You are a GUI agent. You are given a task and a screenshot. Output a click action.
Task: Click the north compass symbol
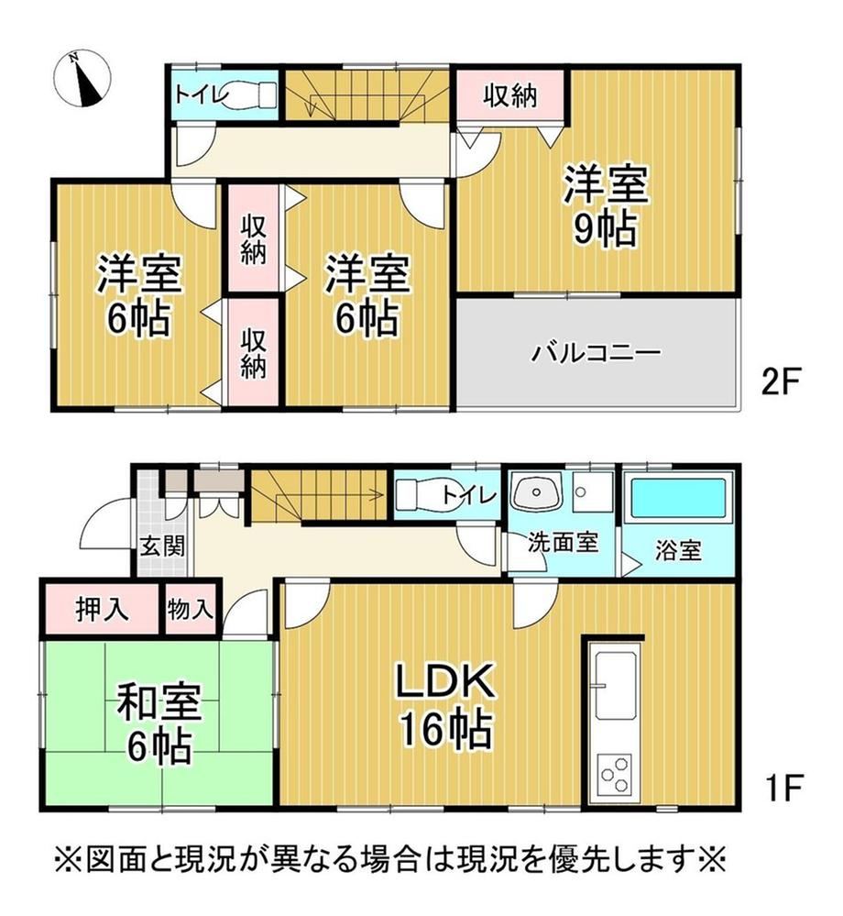82,79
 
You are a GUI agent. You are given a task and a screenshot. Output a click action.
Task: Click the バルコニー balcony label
596,353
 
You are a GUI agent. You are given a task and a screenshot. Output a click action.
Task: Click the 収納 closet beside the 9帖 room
510,95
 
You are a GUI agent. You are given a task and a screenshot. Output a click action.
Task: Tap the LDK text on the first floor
445,680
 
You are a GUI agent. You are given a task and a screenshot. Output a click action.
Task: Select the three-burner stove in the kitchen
615,774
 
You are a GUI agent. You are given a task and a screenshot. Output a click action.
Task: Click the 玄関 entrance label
163,546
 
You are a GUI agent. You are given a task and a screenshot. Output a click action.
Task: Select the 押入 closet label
102,610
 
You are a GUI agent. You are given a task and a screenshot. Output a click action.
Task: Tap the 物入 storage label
190,610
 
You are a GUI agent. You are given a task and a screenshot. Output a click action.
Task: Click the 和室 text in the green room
159,702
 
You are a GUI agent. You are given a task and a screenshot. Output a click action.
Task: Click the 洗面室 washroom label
563,543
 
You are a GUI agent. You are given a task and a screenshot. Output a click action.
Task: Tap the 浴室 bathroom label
678,551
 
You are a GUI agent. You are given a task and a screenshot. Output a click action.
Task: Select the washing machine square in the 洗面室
592,491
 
